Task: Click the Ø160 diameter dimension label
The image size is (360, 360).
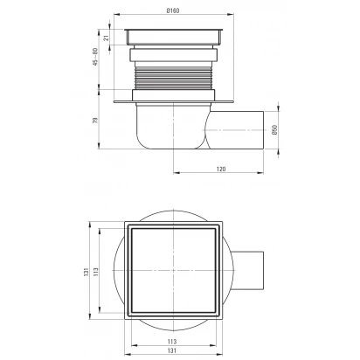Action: tap(173, 10)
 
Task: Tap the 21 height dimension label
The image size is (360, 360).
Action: tap(107, 38)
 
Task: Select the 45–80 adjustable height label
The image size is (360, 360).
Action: tap(95, 57)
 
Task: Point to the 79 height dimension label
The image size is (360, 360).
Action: tap(95, 121)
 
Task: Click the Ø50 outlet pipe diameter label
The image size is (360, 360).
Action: tap(274, 129)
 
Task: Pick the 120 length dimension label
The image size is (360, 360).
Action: tap(221, 169)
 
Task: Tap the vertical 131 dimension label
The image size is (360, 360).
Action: tap(86, 272)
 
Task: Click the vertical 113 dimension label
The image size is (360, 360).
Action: tap(96, 271)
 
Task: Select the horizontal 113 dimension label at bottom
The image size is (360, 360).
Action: tap(172, 342)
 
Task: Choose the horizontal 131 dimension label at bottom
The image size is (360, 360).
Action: tap(172, 350)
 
